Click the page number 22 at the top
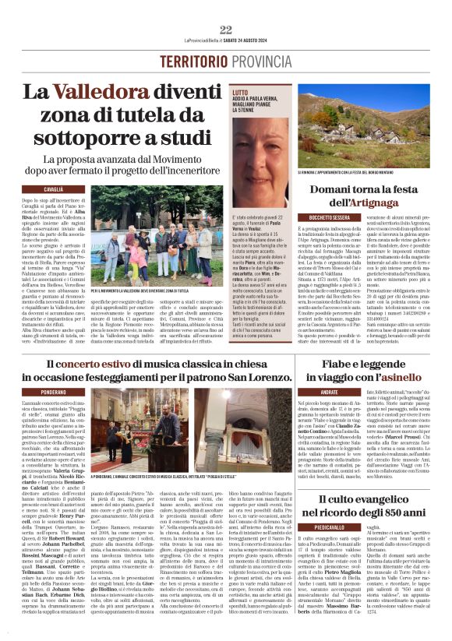point(226,30)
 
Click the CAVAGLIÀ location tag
point(54,189)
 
